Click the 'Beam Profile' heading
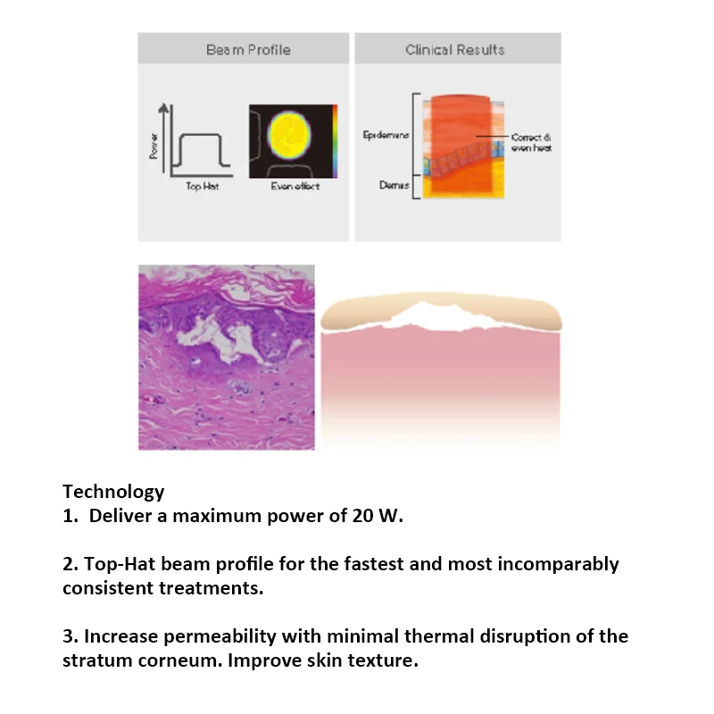(x=248, y=50)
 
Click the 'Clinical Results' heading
(x=455, y=50)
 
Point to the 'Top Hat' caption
(x=201, y=186)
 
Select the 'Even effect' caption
(x=295, y=186)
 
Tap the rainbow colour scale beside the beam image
(x=336, y=140)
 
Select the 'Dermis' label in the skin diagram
(x=394, y=186)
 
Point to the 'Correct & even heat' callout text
(x=532, y=143)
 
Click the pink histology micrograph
(x=226, y=357)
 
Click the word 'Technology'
(x=113, y=491)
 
